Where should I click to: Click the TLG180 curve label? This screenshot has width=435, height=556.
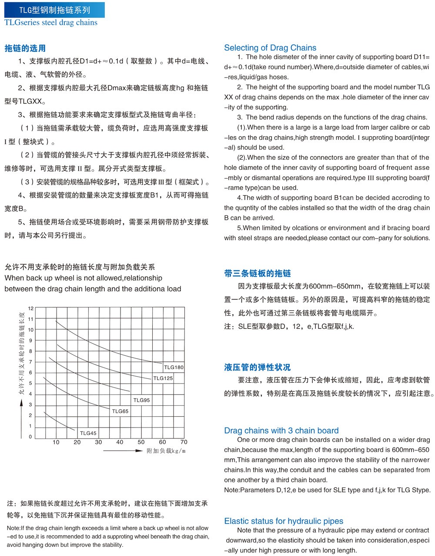(x=174, y=367)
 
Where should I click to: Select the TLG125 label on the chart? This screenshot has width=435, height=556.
(x=163, y=378)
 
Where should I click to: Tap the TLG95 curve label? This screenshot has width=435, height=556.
(x=141, y=400)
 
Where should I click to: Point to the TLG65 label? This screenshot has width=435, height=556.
(x=120, y=411)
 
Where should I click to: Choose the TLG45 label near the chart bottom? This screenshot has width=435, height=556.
(x=88, y=433)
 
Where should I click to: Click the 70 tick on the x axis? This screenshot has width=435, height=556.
(x=184, y=442)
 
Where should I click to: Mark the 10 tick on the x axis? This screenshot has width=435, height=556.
(x=56, y=442)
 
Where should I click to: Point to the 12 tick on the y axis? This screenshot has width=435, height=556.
(x=30, y=308)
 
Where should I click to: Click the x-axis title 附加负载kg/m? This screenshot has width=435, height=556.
(x=166, y=451)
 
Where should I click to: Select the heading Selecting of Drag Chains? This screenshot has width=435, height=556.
(x=270, y=48)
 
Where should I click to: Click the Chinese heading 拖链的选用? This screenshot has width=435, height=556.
(x=25, y=48)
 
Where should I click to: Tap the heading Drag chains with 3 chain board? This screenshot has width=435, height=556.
(x=281, y=431)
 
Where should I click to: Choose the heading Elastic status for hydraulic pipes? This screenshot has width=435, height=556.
(x=284, y=521)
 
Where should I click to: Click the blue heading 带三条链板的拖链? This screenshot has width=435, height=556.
(x=258, y=273)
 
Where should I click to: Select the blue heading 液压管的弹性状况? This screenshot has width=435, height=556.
(x=258, y=367)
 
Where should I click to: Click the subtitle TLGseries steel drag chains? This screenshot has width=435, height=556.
(x=51, y=23)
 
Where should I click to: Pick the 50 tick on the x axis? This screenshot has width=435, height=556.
(x=141, y=442)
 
